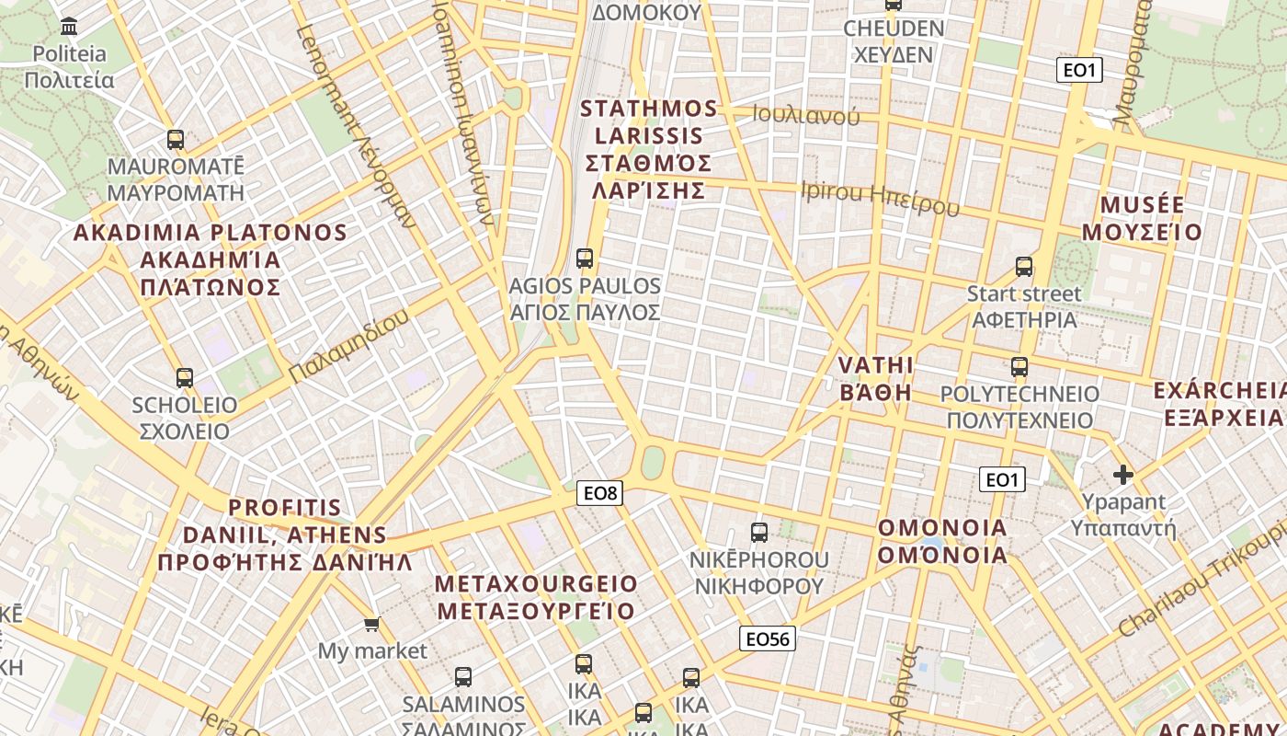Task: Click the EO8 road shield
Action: point(600,493)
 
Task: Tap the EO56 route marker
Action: point(767,638)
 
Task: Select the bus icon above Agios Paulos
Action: point(585,258)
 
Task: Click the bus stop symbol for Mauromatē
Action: point(176,140)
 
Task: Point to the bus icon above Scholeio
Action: point(185,377)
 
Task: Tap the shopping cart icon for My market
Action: point(371,625)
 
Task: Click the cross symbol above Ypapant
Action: point(1122,475)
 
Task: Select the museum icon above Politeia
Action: point(69,26)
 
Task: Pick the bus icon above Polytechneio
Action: point(1019,367)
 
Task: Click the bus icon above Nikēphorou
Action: point(759,532)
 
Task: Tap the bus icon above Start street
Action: point(1024,267)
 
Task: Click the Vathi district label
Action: point(876,378)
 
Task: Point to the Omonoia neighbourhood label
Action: point(942,541)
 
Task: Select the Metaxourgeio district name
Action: point(536,597)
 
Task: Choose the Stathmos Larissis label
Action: point(649,149)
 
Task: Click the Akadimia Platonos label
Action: point(211,259)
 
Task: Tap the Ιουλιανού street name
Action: point(805,115)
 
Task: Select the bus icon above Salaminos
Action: point(463,677)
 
